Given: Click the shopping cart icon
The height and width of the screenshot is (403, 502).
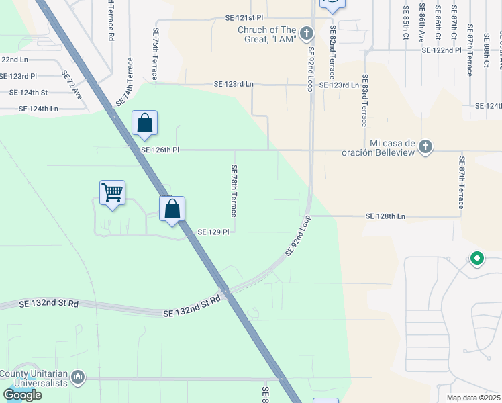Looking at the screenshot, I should pos(112,193).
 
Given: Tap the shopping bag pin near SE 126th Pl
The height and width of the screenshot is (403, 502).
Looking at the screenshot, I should pos(144,123).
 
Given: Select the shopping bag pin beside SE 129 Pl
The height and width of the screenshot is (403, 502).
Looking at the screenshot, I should pos(172,209).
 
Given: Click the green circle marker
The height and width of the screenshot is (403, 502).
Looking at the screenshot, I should pos(477,258).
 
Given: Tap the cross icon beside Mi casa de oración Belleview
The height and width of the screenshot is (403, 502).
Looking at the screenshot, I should pos(425,146).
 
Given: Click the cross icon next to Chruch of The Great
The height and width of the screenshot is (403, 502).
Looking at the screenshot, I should pos(307,33).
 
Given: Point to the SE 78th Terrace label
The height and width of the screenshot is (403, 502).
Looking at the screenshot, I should pos(234,191).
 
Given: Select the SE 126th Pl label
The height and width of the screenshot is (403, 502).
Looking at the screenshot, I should pos(160,150).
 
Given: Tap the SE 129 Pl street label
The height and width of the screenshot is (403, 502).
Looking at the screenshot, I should pos(213,232).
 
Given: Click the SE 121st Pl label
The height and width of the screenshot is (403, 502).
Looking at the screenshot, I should pos(244,17).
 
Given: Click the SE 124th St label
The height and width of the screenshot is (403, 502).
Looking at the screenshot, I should pos(29,93).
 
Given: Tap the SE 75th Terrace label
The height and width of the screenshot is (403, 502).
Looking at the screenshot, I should pos(156,54).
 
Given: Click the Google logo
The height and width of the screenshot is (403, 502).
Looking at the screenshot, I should pos(22,395).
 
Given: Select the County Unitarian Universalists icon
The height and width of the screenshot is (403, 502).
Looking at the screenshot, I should pos(79,379).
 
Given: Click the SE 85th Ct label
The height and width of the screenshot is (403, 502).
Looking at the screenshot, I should pos(406,22).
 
